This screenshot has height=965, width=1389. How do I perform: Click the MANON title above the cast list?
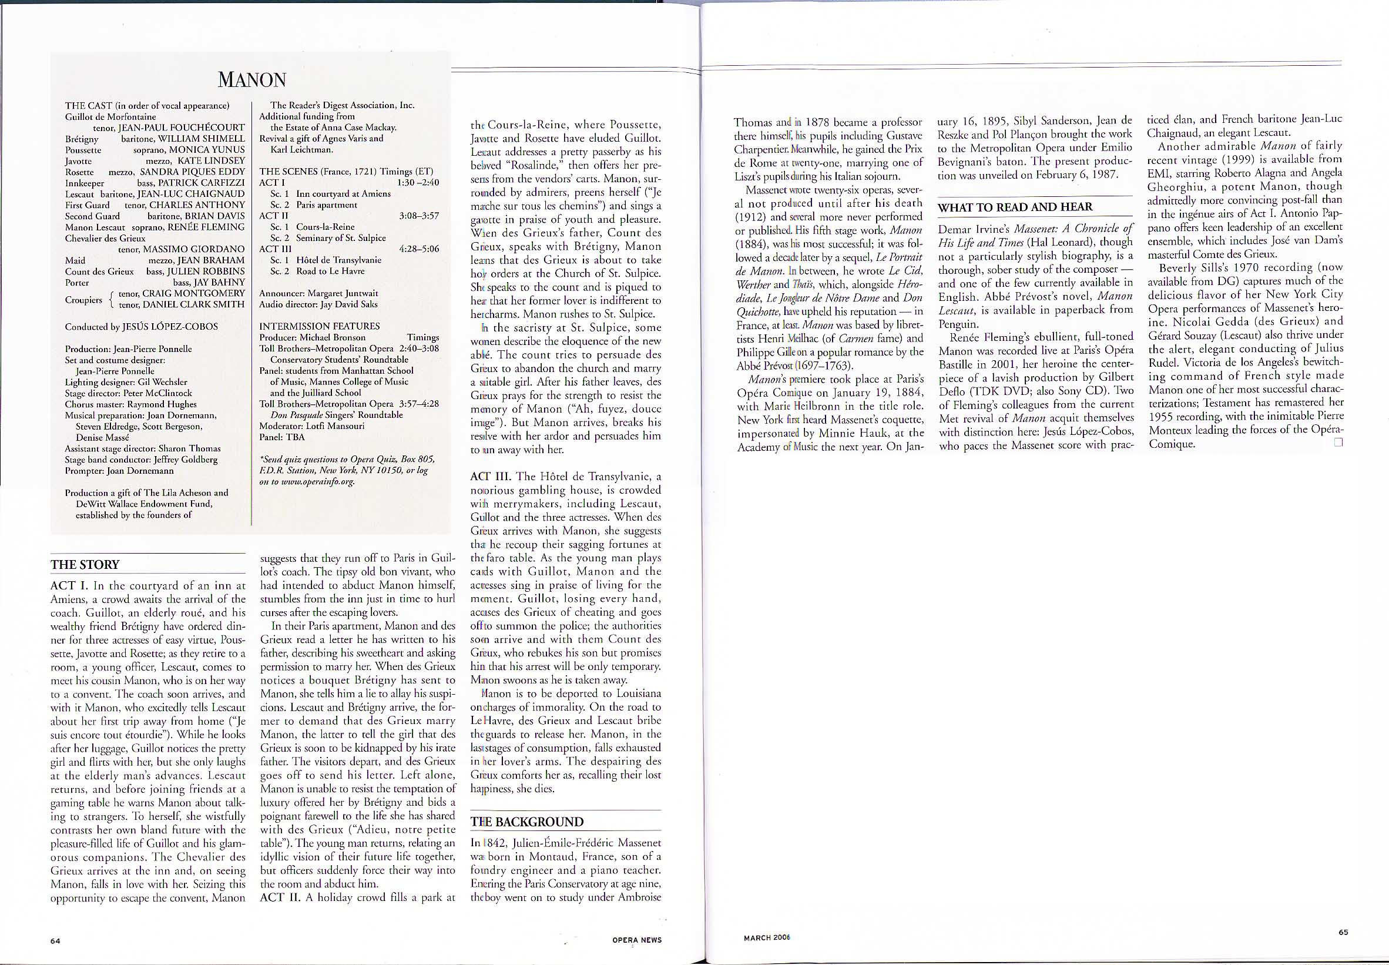pos(251,80)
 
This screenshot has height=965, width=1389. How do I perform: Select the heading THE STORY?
pos(85,565)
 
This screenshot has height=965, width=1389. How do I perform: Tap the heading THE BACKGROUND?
pos(527,822)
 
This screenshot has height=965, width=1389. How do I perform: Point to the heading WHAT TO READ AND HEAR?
pos(1015,207)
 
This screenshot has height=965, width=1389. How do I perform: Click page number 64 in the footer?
pos(55,941)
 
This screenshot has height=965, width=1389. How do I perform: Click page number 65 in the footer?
pos(1343,932)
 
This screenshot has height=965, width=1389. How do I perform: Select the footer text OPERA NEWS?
pos(636,940)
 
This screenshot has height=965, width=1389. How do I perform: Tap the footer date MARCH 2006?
pos(766,938)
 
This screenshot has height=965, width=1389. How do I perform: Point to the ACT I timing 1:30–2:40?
pos(418,183)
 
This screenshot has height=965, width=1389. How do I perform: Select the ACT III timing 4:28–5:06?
pos(419,249)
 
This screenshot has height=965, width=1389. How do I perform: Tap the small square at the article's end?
pos(1338,442)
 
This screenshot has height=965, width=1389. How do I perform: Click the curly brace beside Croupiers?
pos(110,299)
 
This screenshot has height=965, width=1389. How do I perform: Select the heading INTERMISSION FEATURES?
pos(319,326)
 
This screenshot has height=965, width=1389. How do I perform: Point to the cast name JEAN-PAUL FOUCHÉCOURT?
pos(182,128)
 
